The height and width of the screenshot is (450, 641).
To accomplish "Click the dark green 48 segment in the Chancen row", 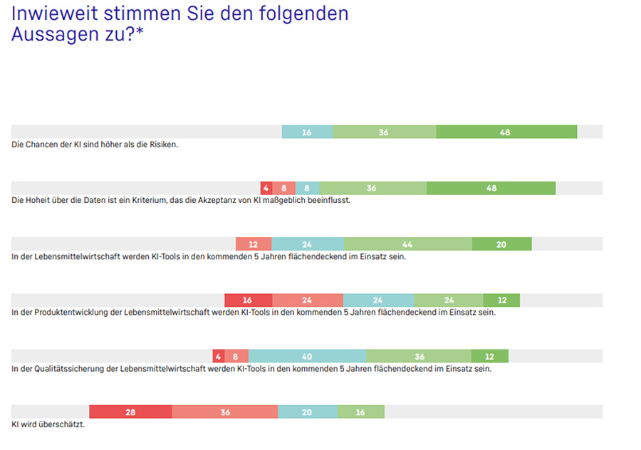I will [x=506, y=132].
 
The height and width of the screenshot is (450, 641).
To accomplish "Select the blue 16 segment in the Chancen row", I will [x=307, y=132].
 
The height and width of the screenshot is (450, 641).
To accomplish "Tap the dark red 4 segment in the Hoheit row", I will [x=266, y=188].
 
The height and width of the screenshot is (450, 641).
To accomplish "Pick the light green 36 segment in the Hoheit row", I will [x=372, y=188].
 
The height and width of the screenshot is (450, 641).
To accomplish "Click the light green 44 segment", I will [x=408, y=244].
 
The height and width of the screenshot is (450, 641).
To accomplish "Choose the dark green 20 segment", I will [x=501, y=244].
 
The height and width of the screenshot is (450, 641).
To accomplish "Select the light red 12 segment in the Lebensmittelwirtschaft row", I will [x=254, y=244].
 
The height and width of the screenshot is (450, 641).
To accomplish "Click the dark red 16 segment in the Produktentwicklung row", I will [x=248, y=300].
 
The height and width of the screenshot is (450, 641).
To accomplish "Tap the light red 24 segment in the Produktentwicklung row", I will [x=307, y=300].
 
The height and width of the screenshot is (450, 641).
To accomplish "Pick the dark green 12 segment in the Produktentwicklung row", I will [x=501, y=300].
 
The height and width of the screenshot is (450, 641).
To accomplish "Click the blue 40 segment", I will [x=307, y=356].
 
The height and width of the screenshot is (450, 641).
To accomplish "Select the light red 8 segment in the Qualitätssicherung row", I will [x=236, y=356].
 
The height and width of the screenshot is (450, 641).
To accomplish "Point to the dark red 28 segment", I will [x=130, y=412].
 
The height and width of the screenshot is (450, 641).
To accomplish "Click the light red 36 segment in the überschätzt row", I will [x=224, y=412].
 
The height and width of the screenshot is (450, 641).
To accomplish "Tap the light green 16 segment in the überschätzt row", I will [x=360, y=412].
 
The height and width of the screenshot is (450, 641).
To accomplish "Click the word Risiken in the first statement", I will [x=164, y=145].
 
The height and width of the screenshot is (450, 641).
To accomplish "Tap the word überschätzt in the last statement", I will [x=63, y=424].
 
